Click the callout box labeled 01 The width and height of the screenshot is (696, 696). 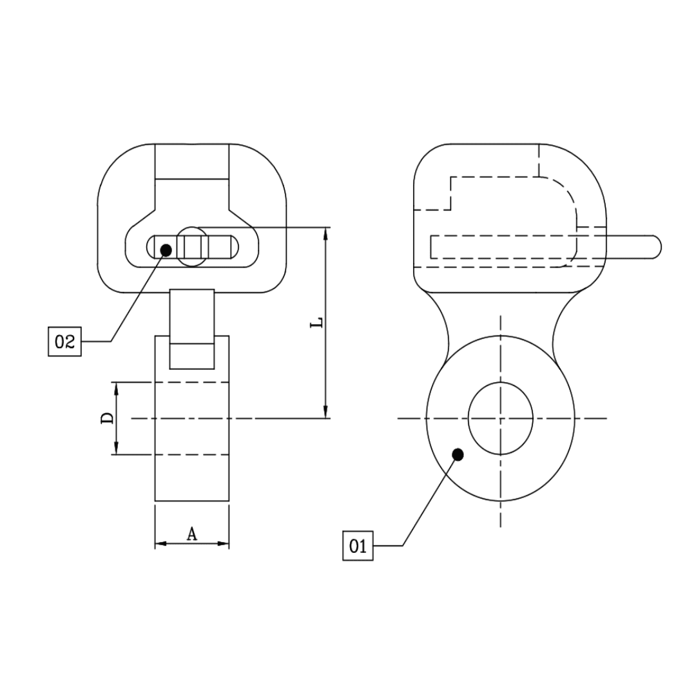tap(358, 546)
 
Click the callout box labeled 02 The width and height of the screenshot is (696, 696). tap(65, 342)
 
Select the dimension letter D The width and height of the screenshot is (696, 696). tap(108, 418)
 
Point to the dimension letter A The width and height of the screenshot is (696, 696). tap(191, 533)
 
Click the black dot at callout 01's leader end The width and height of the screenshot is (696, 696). tap(458, 454)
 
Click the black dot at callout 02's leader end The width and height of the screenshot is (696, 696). tap(166, 249)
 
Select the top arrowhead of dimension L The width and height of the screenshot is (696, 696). tap(326, 233)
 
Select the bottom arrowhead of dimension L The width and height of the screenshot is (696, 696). tap(326, 412)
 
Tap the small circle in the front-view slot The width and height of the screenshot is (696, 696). tap(192, 246)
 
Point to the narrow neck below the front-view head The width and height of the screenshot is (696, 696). tap(192, 316)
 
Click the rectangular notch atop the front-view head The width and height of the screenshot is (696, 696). tap(191, 161)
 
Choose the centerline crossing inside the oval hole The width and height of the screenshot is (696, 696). tap(501, 418)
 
